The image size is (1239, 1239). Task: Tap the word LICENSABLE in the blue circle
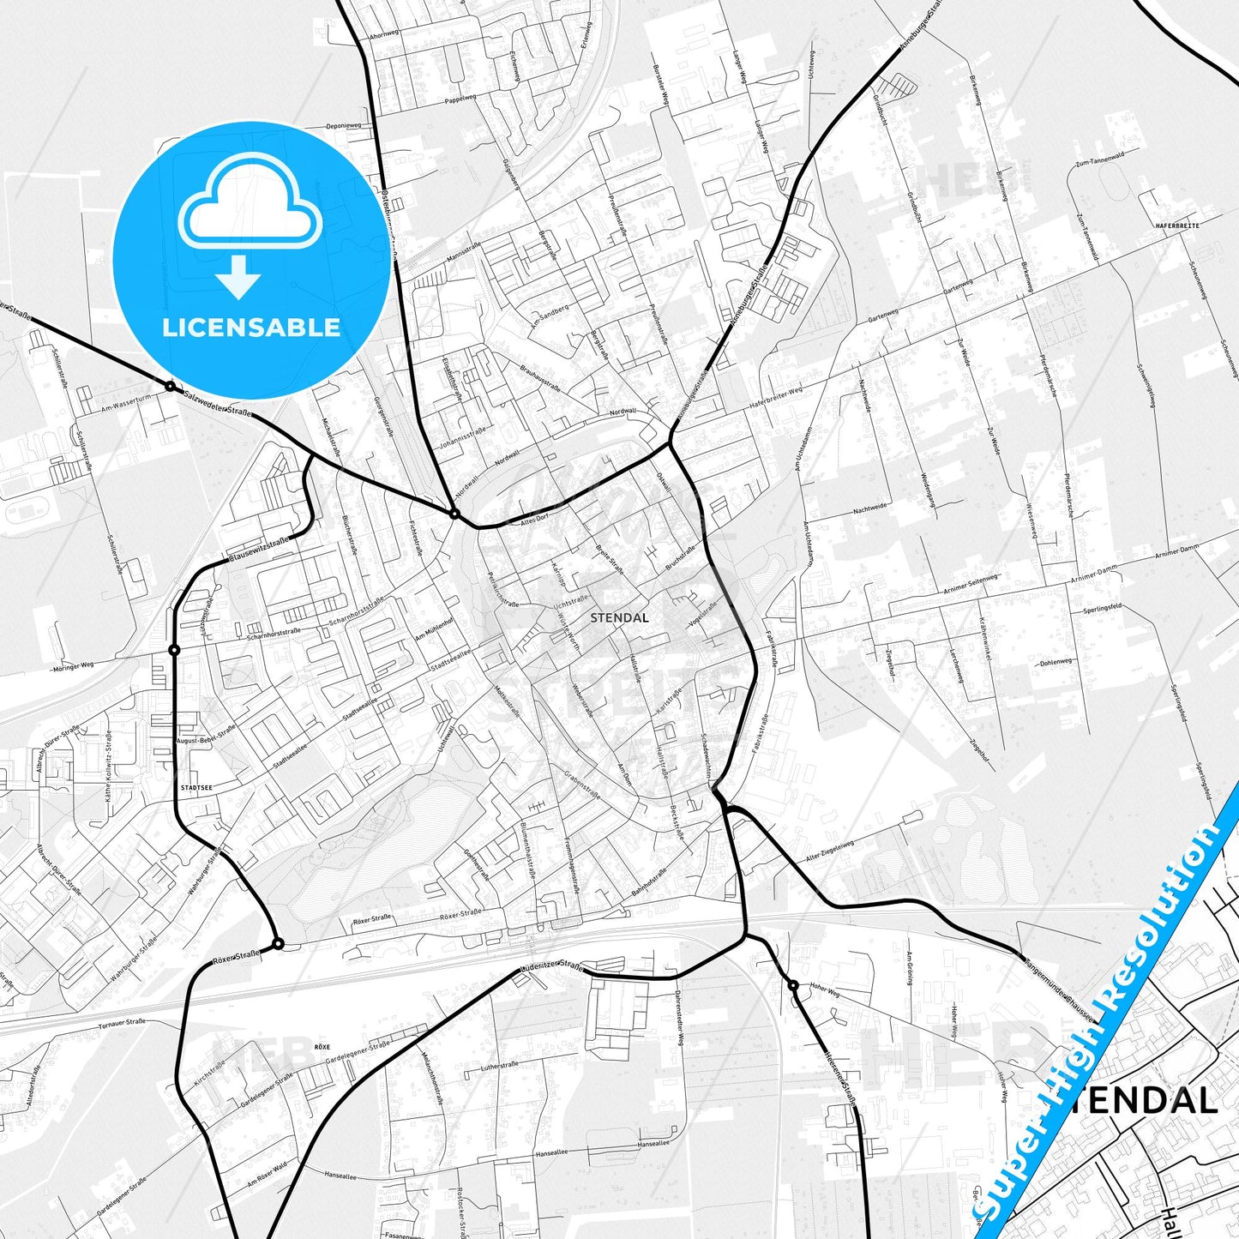(x=251, y=328)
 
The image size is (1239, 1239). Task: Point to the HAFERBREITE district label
(x=1177, y=225)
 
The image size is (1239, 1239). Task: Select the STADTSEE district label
(x=196, y=785)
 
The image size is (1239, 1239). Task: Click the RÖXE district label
(x=322, y=1047)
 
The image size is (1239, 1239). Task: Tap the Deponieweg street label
(x=343, y=126)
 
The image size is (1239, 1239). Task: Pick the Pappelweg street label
(x=460, y=99)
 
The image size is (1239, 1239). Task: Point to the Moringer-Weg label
(x=72, y=666)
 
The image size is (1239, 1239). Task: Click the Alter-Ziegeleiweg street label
(x=829, y=844)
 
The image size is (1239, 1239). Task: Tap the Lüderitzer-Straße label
(x=551, y=966)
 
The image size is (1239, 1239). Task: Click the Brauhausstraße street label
(x=540, y=377)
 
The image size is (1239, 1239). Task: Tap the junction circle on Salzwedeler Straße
(x=171, y=387)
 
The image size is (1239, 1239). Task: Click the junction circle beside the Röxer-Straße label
(x=278, y=944)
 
